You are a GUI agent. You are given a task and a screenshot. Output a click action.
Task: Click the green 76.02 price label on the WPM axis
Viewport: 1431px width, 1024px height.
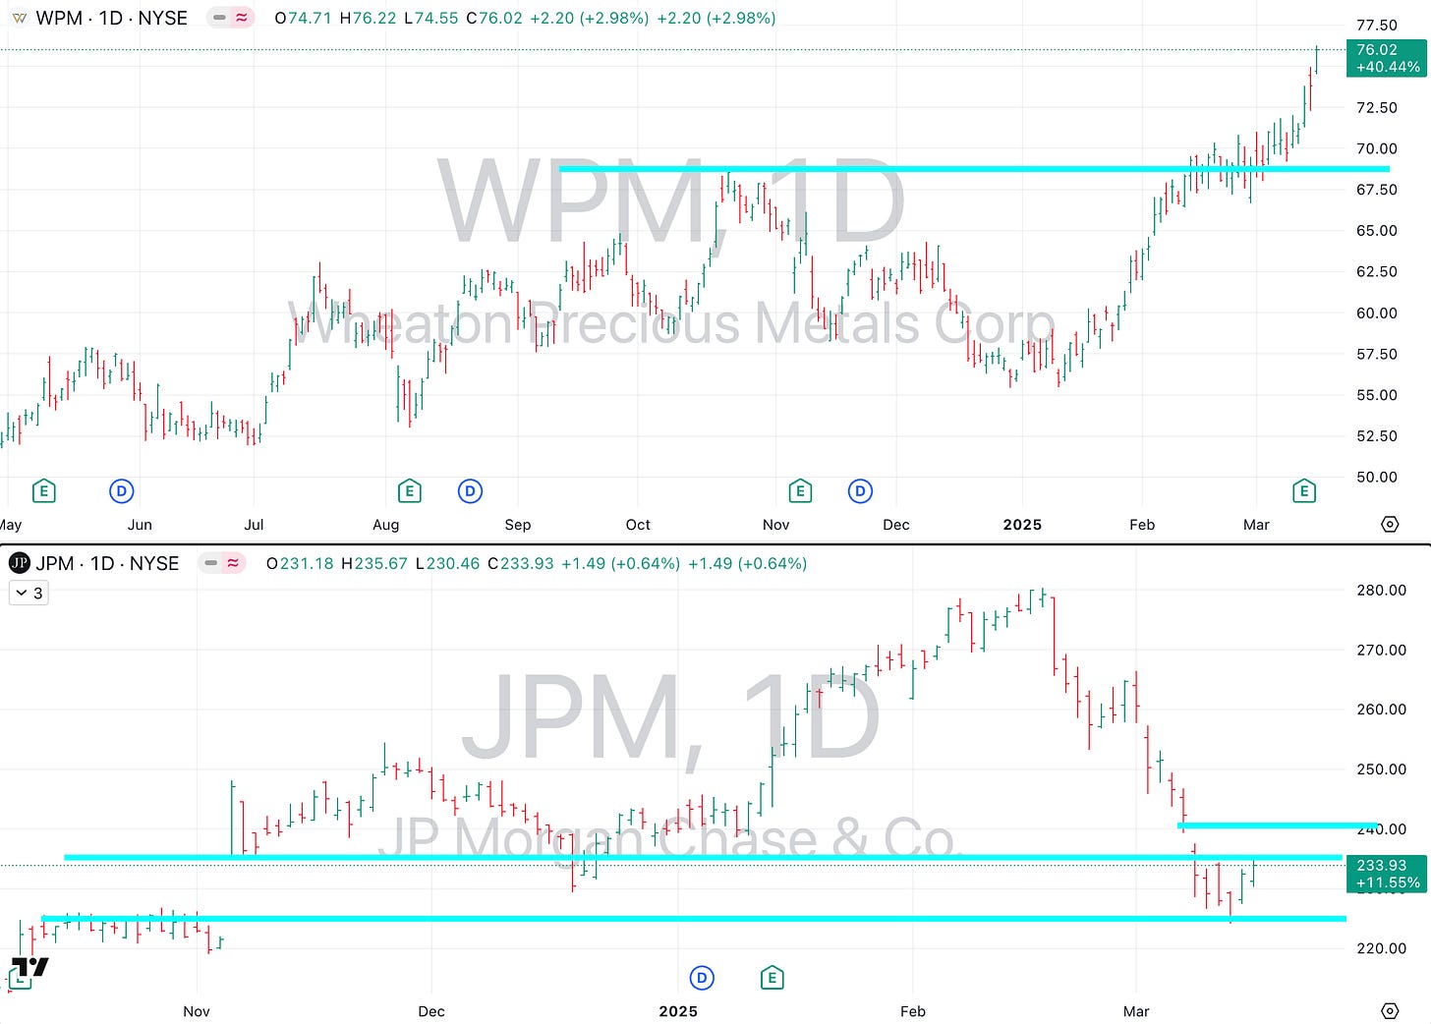[x=1386, y=58]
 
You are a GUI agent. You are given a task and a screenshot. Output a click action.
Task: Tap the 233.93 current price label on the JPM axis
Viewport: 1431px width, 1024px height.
[x=1386, y=874]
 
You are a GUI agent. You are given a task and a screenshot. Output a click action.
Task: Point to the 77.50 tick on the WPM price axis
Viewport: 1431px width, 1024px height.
[x=1376, y=26]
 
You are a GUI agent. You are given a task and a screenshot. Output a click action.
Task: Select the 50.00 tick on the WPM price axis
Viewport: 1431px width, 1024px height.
[x=1376, y=477]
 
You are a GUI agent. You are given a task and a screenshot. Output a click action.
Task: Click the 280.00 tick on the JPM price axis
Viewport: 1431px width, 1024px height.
[x=1381, y=590]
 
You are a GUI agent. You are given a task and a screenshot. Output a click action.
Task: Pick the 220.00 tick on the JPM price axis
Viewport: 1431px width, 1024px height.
[x=1381, y=948]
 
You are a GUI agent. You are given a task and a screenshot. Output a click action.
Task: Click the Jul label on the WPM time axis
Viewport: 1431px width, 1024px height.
[x=254, y=525]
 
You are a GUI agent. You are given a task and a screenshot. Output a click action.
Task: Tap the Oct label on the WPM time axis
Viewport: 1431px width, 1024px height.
[x=638, y=525]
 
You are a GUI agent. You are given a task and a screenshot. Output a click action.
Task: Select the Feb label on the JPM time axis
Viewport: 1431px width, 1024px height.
[x=913, y=1011]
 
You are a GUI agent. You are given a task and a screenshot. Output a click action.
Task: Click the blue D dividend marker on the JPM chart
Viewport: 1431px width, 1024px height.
[x=702, y=978]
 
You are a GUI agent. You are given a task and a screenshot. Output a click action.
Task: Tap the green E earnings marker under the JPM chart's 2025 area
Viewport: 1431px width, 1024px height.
[x=773, y=978]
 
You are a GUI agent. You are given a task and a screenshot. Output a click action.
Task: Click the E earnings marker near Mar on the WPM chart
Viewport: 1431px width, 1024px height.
[x=1304, y=490]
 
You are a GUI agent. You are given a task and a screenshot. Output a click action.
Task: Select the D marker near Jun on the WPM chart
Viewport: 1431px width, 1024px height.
[x=121, y=490]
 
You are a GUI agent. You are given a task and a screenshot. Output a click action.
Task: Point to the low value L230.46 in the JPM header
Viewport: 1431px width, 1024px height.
[x=447, y=564]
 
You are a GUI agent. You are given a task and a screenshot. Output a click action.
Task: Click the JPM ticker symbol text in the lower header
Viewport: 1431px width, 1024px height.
[x=55, y=564]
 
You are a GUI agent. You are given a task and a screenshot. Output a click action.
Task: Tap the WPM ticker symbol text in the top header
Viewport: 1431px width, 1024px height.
[x=59, y=19]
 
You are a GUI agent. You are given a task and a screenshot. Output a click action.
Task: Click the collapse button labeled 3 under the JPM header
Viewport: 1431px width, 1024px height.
[x=29, y=594]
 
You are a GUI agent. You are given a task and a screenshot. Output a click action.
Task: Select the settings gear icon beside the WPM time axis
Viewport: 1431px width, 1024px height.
[x=1390, y=525]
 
